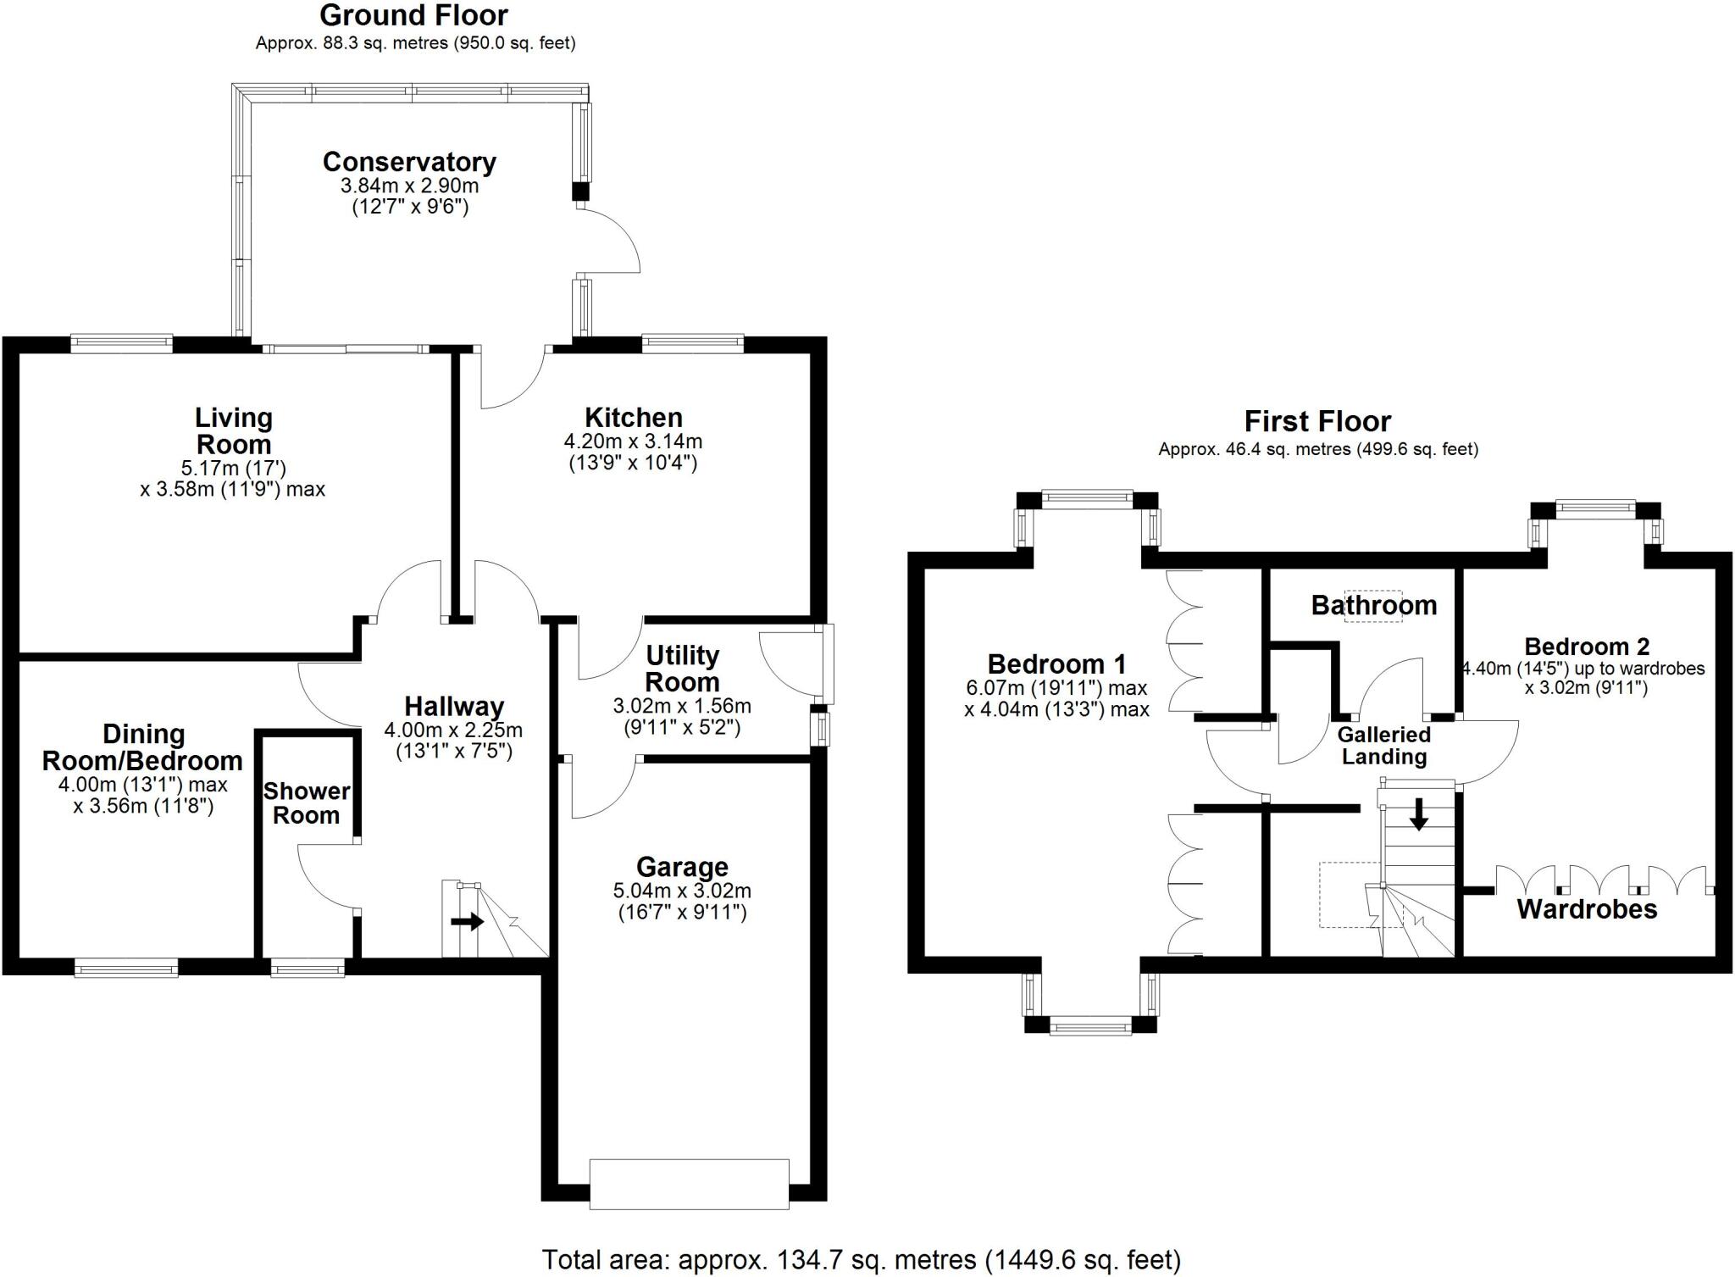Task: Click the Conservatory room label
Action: click(x=409, y=162)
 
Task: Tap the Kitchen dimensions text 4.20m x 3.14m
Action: click(x=633, y=441)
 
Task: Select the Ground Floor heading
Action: click(x=414, y=15)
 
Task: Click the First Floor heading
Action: click(x=1317, y=421)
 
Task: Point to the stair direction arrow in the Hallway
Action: click(x=467, y=921)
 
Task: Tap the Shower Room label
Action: click(x=307, y=803)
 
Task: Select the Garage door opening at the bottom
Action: click(x=689, y=1183)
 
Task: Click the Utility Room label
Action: click(x=682, y=669)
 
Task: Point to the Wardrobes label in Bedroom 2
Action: click(x=1587, y=910)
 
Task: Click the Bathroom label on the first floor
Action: click(x=1373, y=605)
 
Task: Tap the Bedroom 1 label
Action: click(x=1056, y=663)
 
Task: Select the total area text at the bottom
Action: click(x=861, y=1260)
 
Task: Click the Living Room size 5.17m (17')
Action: click(x=233, y=467)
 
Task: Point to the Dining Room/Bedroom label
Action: click(x=143, y=747)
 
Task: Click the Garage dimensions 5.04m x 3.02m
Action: click(x=682, y=891)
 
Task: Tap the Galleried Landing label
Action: click(x=1383, y=746)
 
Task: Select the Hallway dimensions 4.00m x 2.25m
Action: click(x=453, y=730)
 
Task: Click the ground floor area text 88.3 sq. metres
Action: click(x=415, y=43)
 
